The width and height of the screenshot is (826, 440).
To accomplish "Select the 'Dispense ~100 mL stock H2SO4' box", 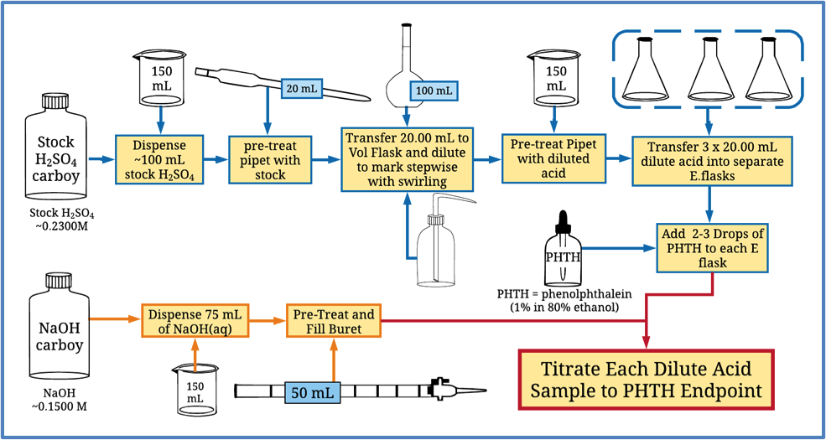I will coord(159,158).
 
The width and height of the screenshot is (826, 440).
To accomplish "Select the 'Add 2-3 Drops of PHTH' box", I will coord(711,247).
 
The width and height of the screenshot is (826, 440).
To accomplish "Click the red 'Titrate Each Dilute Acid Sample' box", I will coord(645,378).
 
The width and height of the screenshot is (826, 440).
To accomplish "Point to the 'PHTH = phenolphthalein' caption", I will coord(562,295).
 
